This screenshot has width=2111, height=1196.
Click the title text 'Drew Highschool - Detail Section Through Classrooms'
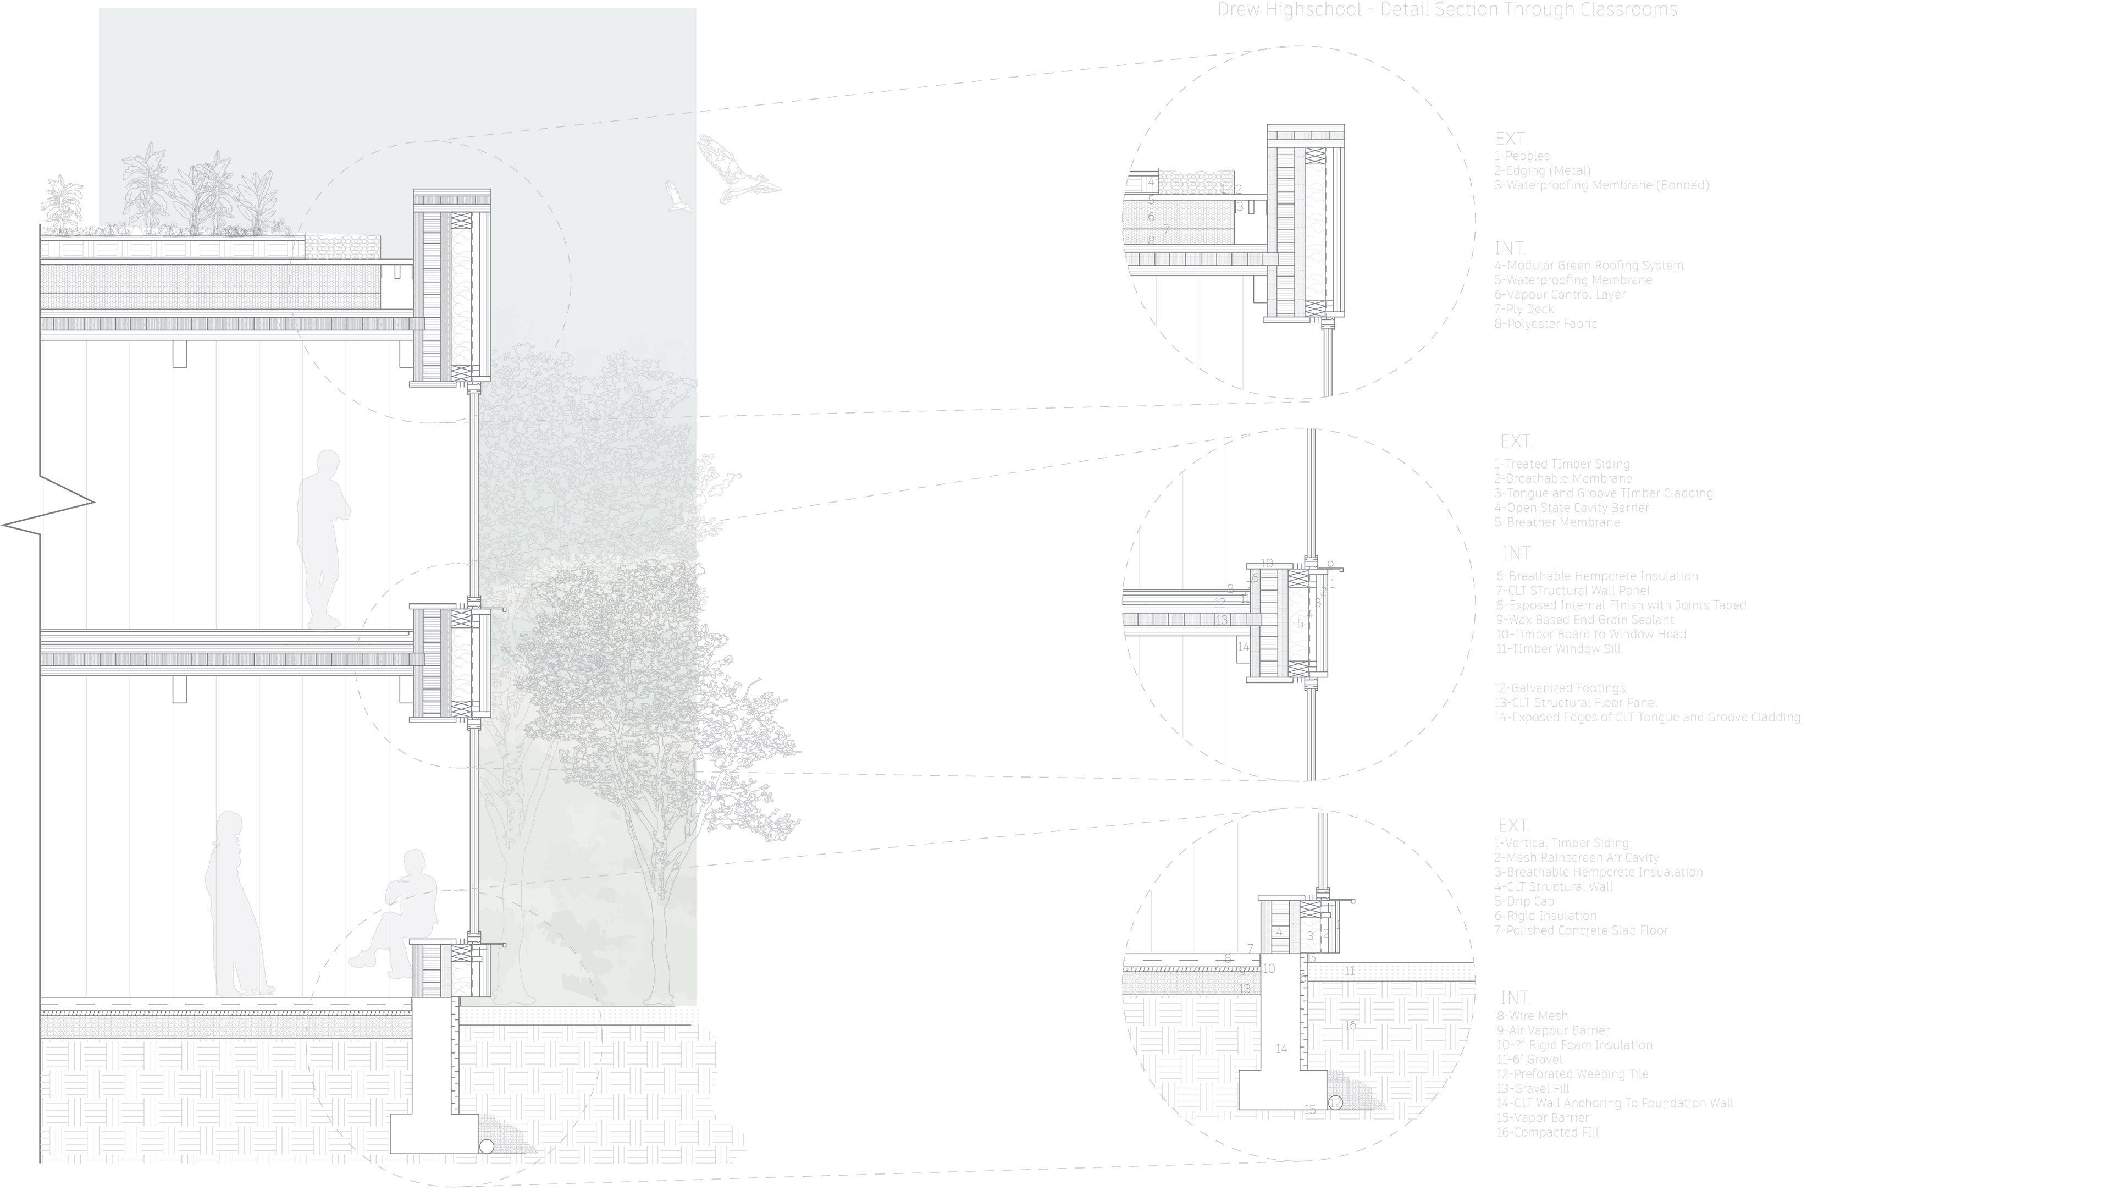click(x=1447, y=10)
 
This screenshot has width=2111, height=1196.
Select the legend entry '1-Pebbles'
click(x=1522, y=156)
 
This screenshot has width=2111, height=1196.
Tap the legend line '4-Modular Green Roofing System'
click(x=1588, y=266)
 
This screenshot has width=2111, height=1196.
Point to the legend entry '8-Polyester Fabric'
click(x=1545, y=324)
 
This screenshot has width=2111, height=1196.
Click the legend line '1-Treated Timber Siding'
click(x=1562, y=464)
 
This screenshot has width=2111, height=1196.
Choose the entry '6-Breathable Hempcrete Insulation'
click(x=1596, y=576)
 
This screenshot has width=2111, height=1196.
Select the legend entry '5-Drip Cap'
click(x=1524, y=901)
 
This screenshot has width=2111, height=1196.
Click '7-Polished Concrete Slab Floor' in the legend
click(x=1581, y=930)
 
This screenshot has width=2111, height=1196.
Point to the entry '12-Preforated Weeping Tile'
click(x=1572, y=1073)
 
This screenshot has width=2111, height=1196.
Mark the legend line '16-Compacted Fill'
click(x=1547, y=1132)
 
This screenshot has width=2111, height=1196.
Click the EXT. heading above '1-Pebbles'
click(x=1511, y=139)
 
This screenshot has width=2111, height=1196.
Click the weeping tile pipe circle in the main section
click(x=487, y=1147)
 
